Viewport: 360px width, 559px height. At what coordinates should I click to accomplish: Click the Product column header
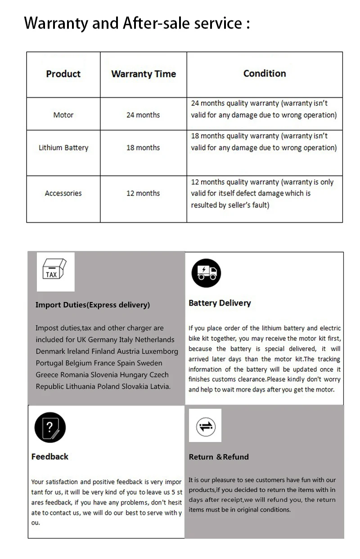click(63, 74)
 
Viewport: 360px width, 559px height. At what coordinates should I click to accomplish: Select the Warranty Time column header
click(144, 74)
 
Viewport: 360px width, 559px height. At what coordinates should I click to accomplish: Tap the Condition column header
click(265, 73)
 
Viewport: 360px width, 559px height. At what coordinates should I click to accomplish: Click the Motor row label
click(63, 115)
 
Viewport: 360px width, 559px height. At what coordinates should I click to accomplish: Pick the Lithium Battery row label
click(63, 148)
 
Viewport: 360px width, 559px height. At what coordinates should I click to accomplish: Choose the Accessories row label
click(63, 193)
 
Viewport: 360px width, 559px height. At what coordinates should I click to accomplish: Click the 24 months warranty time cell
click(143, 115)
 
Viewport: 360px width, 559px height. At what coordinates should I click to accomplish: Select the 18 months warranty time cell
click(143, 148)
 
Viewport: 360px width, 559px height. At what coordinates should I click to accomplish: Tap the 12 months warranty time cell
click(143, 193)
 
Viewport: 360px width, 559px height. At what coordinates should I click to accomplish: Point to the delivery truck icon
click(207, 272)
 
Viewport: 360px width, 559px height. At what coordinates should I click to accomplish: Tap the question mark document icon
click(50, 428)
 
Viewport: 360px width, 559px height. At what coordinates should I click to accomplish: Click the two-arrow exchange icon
click(206, 426)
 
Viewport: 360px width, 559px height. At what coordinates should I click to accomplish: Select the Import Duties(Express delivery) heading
click(93, 305)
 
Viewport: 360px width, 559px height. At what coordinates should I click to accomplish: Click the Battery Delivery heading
click(220, 303)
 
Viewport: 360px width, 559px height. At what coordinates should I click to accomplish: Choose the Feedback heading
click(50, 456)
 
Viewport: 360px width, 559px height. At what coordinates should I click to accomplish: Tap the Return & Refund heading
click(219, 457)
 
